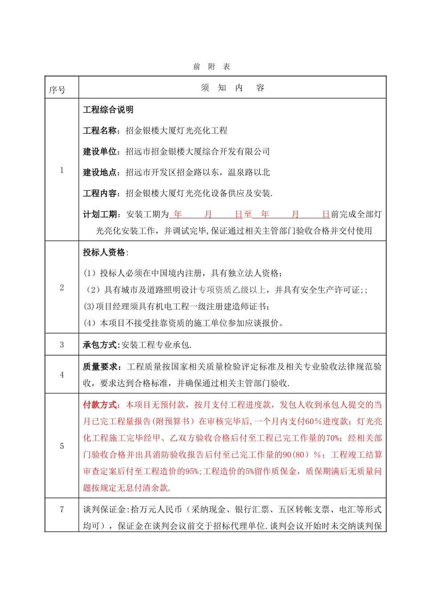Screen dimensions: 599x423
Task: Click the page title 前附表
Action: (211, 67)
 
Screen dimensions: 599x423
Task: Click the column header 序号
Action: (57, 90)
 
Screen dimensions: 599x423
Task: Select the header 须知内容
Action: (232, 88)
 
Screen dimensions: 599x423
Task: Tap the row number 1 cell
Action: (62, 170)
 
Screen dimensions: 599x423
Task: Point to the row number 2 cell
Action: (62, 287)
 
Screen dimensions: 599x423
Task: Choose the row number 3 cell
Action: (62, 345)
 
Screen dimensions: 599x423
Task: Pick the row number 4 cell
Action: (62, 375)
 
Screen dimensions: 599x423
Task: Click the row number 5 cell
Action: (62, 446)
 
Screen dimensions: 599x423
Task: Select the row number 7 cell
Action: (62, 509)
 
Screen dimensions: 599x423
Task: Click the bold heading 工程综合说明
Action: (108, 110)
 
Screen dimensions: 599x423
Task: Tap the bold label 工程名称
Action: (100, 131)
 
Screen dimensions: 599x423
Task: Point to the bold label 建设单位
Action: (100, 152)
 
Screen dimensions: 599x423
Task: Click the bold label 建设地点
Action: (100, 172)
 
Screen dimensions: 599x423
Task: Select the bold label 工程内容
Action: (100, 193)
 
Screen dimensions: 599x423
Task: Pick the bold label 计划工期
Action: (100, 214)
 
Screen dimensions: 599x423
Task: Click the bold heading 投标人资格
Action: (104, 252)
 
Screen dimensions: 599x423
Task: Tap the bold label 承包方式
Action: (100, 345)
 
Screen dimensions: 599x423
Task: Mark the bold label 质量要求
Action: (100, 367)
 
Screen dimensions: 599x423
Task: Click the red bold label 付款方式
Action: (100, 405)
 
